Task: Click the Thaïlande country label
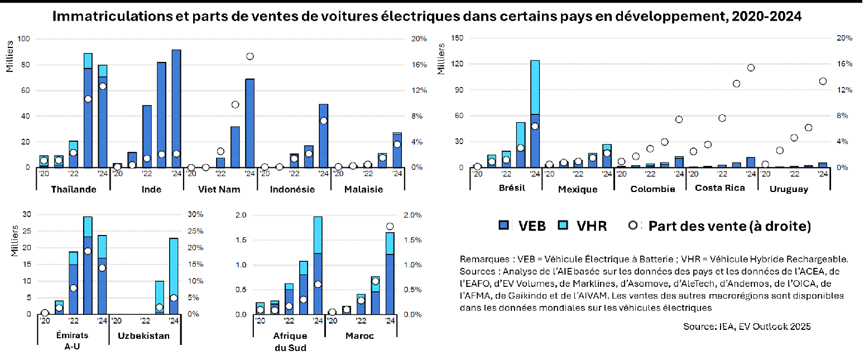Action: (73, 189)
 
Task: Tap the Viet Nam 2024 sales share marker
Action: (250, 56)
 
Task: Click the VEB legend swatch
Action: (505, 225)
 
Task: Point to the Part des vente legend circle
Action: (633, 225)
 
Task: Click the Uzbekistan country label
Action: (144, 336)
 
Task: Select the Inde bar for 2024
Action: (176, 108)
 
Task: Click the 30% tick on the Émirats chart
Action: (197, 214)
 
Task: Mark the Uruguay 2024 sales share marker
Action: (823, 81)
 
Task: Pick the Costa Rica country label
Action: (720, 188)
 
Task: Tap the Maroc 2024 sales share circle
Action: (390, 226)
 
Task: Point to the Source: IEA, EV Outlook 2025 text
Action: (747, 327)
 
